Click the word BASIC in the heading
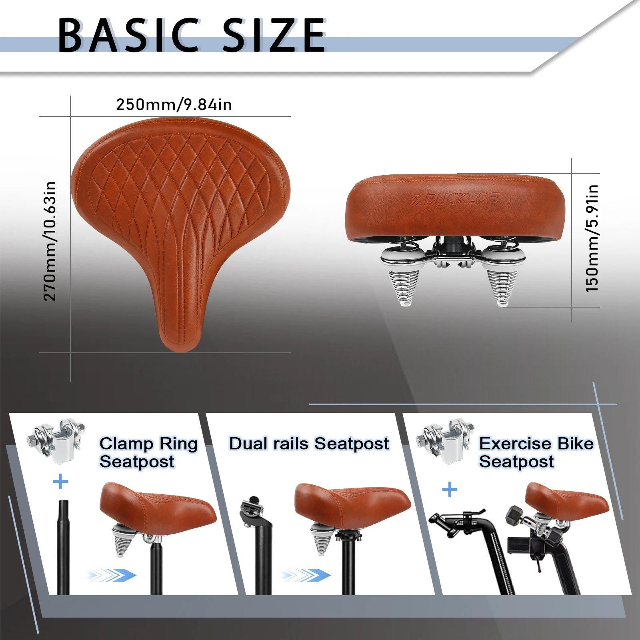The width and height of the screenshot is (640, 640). tap(128, 35)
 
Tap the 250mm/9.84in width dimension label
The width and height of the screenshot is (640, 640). tap(174, 104)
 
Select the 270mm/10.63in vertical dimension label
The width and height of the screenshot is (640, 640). tap(50, 241)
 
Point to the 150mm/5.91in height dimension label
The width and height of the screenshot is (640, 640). tap(592, 238)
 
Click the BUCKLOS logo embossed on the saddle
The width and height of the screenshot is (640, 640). tap(455, 199)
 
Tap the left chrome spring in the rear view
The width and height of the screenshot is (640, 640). tap(406, 276)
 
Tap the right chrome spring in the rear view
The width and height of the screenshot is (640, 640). tap(502, 276)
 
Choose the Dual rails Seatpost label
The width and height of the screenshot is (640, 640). tap(309, 444)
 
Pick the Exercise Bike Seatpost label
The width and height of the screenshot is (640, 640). tap(536, 452)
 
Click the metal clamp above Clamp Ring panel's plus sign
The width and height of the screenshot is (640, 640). tap(56, 441)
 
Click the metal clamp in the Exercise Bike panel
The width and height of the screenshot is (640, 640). tap(445, 441)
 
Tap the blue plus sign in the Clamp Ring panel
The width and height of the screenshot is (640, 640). tap(60, 482)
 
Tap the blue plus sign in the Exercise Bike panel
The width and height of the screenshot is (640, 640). tap(450, 489)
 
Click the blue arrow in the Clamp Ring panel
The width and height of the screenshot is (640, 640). tap(111, 576)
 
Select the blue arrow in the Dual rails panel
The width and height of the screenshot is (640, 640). tap(305, 576)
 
